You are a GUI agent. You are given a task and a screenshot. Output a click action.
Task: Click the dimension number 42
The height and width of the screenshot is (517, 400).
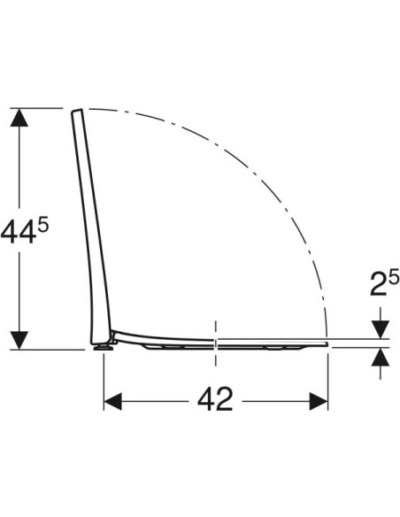tap(215, 399)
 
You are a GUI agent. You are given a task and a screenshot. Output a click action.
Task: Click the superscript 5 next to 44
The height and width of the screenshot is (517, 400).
tap(42, 227)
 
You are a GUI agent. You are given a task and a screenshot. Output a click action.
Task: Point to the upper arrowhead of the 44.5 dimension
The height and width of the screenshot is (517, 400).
tap(19, 118)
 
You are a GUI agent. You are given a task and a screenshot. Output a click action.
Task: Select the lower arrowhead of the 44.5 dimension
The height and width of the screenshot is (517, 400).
tap(19, 340)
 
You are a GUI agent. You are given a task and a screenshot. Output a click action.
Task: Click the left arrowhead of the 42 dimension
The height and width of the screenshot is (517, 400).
tap(112, 401)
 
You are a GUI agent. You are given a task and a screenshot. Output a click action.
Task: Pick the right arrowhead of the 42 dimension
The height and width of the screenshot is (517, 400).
tap(319, 401)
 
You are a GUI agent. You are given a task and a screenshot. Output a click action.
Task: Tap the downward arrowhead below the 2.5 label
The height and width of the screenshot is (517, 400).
tap(381, 329)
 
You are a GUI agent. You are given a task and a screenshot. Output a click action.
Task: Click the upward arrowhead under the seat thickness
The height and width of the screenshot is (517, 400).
tap(381, 357)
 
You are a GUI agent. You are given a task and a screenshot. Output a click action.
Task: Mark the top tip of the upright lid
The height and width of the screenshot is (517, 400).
tap(76, 111)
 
